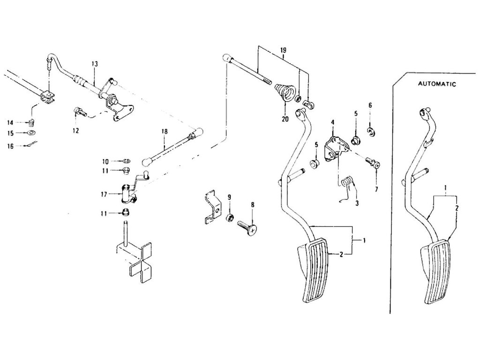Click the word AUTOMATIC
pos(437,84)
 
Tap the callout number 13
pos(94,64)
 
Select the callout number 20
pos(285,119)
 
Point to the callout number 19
pos(283,49)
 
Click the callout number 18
pos(165,132)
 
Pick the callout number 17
pos(105,194)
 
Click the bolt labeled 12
pos(80,112)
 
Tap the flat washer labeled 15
pos(31,133)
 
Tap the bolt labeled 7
pos(373,163)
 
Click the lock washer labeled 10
pos(126,161)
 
